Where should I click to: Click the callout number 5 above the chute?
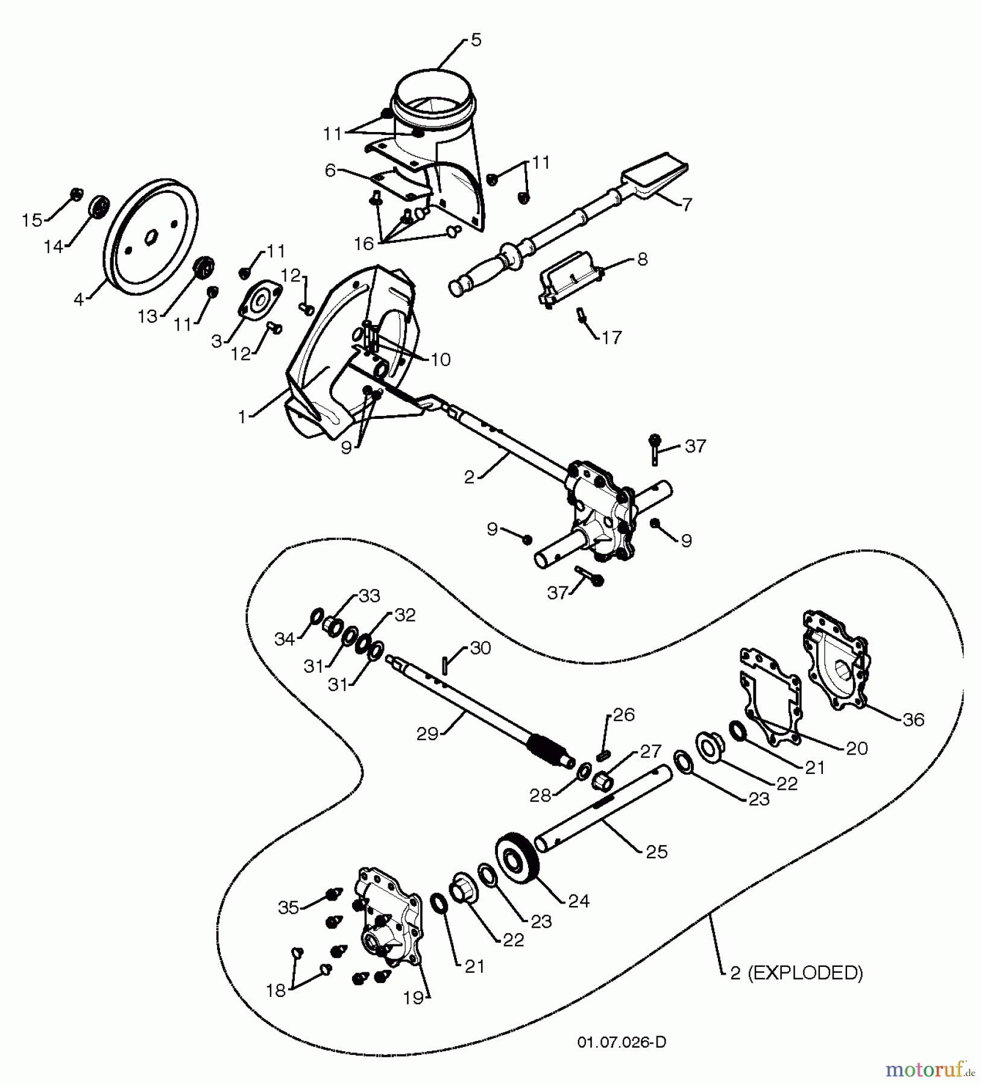tap(476, 41)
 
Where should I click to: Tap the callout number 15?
tap(32, 221)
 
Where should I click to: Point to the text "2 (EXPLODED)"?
tap(796, 973)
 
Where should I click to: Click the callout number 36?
tap(914, 720)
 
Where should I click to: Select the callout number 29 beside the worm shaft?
tap(427, 735)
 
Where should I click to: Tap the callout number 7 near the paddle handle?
tap(687, 204)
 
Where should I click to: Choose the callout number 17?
tap(611, 338)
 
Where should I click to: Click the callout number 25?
tap(656, 851)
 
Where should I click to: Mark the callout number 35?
tap(289, 907)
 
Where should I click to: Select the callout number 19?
tap(414, 999)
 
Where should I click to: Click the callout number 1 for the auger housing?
tap(242, 417)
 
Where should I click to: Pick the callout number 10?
tap(441, 360)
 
